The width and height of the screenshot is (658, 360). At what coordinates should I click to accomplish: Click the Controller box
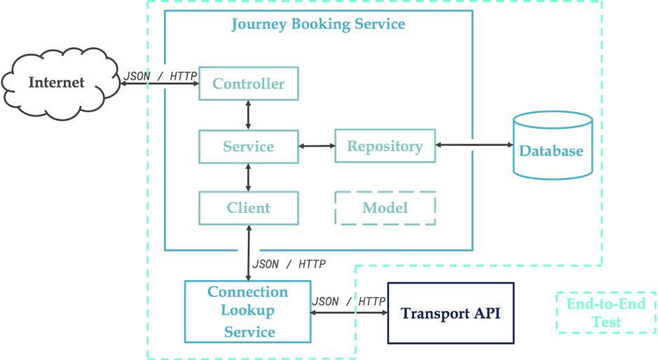coord(249,84)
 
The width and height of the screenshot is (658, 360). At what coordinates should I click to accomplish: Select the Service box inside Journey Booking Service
coord(249,146)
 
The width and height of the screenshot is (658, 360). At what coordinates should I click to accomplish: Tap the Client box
coord(249,208)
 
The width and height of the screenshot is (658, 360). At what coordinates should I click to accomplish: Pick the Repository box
coord(385,146)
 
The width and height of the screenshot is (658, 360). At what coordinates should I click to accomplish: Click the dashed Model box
coord(385,208)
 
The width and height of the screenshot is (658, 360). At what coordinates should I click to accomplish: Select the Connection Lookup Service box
coord(247,312)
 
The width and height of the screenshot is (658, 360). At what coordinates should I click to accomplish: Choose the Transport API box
coord(451,312)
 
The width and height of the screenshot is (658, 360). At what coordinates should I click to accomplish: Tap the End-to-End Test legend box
coord(605,312)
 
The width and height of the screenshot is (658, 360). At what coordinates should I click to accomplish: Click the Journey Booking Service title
coord(318,25)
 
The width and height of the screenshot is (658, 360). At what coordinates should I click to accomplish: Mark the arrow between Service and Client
coord(249,177)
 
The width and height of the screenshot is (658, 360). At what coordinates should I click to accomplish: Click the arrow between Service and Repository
coord(317,146)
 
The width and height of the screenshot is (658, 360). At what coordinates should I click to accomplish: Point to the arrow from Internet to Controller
coord(158,85)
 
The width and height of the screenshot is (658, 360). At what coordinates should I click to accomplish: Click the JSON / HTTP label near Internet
coord(160,76)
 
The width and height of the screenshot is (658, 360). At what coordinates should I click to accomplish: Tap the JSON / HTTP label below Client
coord(289,265)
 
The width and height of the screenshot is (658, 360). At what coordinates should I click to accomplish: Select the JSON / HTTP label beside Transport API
coord(349,302)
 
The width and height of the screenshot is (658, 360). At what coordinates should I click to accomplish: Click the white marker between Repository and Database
coord(472,145)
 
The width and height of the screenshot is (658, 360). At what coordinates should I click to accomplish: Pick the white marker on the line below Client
coord(249,251)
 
